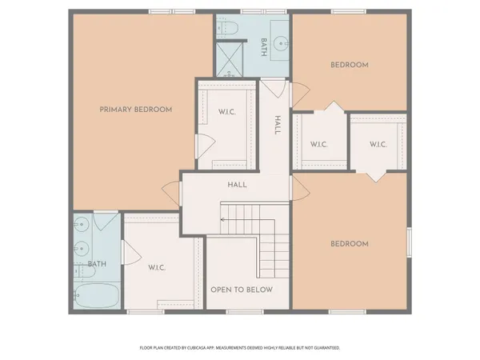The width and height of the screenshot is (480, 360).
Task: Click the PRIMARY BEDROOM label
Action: [135, 109]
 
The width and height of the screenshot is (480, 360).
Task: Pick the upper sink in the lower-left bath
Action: [81, 227]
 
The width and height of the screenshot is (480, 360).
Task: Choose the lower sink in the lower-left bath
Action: [81, 250]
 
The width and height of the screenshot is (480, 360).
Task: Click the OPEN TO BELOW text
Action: [242, 290]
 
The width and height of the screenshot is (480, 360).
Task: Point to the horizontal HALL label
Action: [238, 185]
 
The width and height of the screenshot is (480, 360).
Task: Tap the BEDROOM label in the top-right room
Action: [350, 66]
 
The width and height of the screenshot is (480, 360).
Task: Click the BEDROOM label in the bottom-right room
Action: [350, 244]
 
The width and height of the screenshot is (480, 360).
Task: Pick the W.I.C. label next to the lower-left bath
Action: [156, 267]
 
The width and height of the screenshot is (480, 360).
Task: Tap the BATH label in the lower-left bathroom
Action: [97, 265]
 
